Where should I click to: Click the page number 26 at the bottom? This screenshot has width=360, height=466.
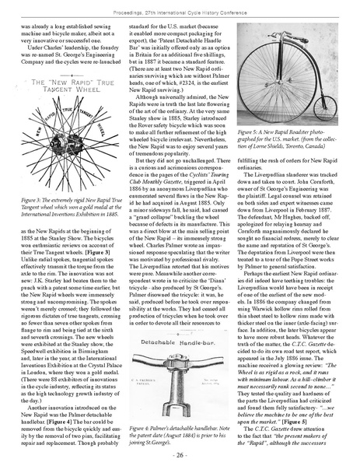[180, 454]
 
